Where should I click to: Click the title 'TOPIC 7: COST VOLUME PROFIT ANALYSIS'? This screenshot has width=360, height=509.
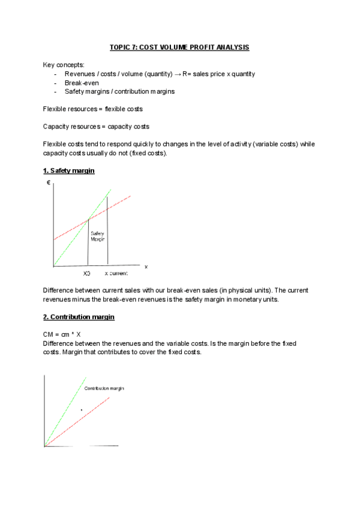pyautogui.click(x=179, y=47)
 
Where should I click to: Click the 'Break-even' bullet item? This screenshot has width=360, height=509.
pyautogui.click(x=81, y=83)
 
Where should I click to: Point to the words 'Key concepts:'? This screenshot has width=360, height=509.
pyautogui.click(x=64, y=65)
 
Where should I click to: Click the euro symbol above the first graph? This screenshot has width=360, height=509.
pyautogui.click(x=48, y=182)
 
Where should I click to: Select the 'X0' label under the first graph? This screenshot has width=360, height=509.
pyautogui.click(x=87, y=273)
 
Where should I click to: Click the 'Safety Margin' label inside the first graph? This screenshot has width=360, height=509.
pyautogui.click(x=98, y=236)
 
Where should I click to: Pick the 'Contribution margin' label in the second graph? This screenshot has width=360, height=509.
pyautogui.click(x=104, y=388)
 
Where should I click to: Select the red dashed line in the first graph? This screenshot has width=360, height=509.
pyautogui.click(x=114, y=204)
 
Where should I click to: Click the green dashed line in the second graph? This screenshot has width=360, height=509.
pyautogui.click(x=66, y=408)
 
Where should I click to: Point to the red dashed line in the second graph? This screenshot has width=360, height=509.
pyautogui.click(x=84, y=420)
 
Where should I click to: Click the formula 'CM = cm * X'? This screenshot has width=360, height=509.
pyautogui.click(x=62, y=335)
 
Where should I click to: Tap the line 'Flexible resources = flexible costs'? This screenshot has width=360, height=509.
pyautogui.click(x=92, y=109)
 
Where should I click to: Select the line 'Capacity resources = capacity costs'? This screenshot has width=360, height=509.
pyautogui.click(x=96, y=127)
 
